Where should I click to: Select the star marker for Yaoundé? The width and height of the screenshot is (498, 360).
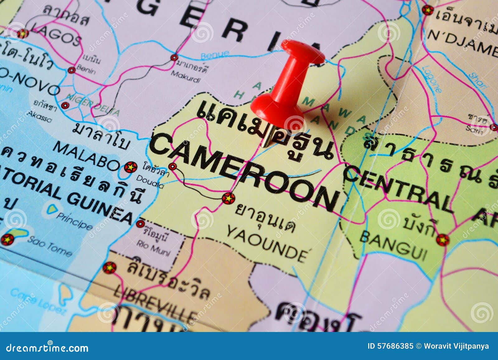tap(228, 198)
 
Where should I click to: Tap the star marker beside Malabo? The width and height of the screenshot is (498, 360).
tap(130, 167)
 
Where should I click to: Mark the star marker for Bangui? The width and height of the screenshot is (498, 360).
tap(442, 240)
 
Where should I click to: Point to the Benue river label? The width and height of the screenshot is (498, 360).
tap(215, 55)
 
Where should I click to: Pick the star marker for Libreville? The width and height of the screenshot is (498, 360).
tap(110, 268)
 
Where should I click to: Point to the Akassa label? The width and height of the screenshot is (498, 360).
tap(39, 116)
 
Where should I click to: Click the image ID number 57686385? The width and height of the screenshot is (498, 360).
tap(395, 346)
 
